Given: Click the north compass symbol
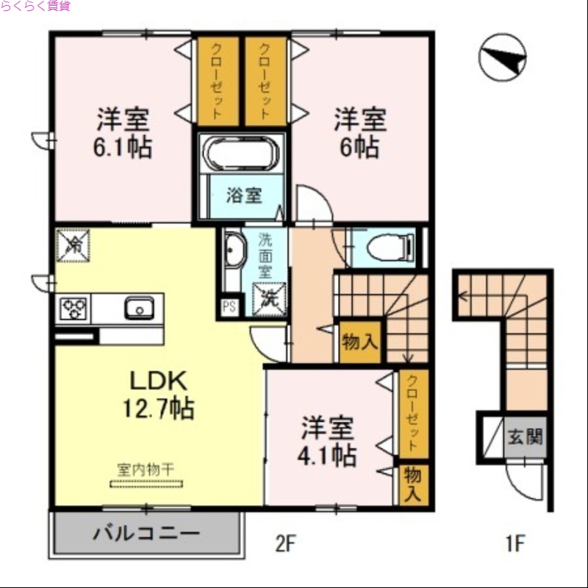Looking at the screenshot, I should coord(502,58).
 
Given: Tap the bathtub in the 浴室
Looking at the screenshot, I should coord(240,155).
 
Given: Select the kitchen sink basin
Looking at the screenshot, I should coord(139,308).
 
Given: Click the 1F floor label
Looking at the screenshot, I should coord(514,544).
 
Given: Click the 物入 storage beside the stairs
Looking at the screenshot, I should coord(359,342).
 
